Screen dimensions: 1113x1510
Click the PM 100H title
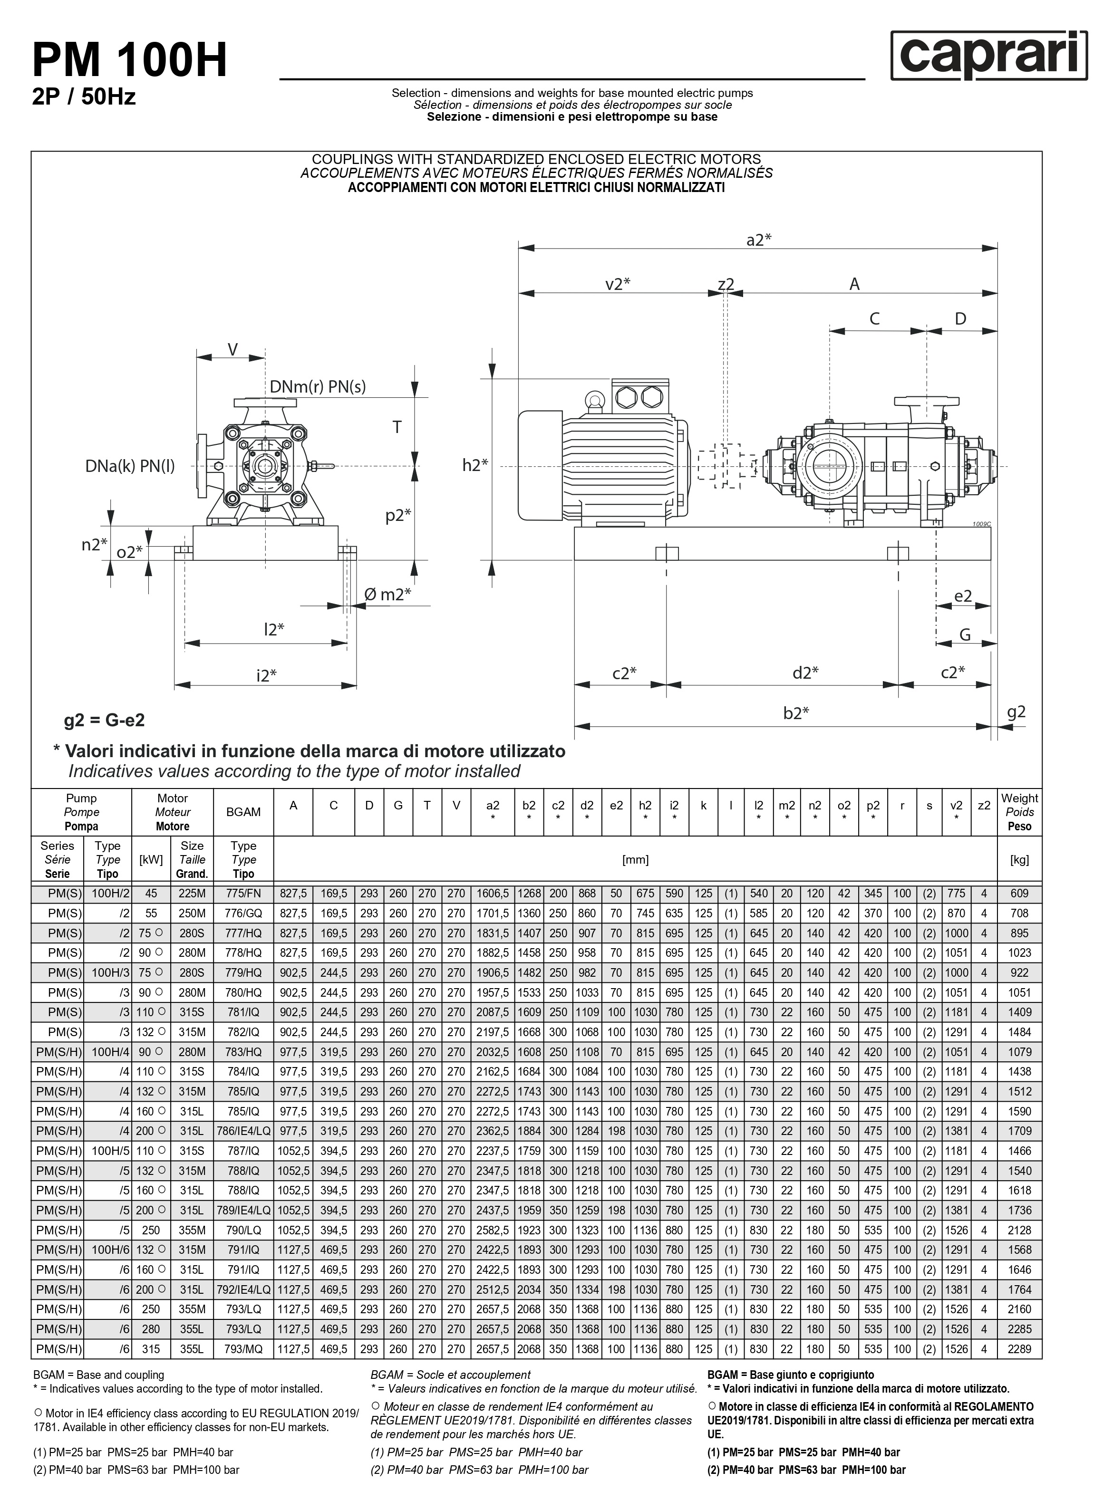coord(129,60)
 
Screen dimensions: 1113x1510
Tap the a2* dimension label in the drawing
coord(759,240)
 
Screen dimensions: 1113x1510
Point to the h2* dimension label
coord(475,465)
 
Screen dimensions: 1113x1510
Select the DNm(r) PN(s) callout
coord(317,386)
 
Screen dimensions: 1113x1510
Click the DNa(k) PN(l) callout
coord(130,466)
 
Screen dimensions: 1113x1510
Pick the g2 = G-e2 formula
coord(105,720)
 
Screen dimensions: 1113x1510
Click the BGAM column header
coord(243,812)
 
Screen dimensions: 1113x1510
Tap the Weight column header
coord(1019,812)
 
